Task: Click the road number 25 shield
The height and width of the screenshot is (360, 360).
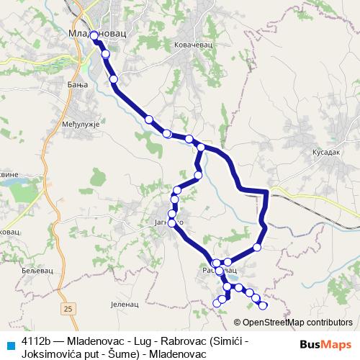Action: [68, 308]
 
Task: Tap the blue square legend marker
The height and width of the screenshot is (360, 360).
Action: [10, 343]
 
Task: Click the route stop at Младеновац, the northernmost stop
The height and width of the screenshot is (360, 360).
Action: [94, 35]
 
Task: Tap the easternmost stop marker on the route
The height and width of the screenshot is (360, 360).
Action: [263, 305]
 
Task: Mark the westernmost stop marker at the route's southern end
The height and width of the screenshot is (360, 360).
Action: [217, 303]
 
